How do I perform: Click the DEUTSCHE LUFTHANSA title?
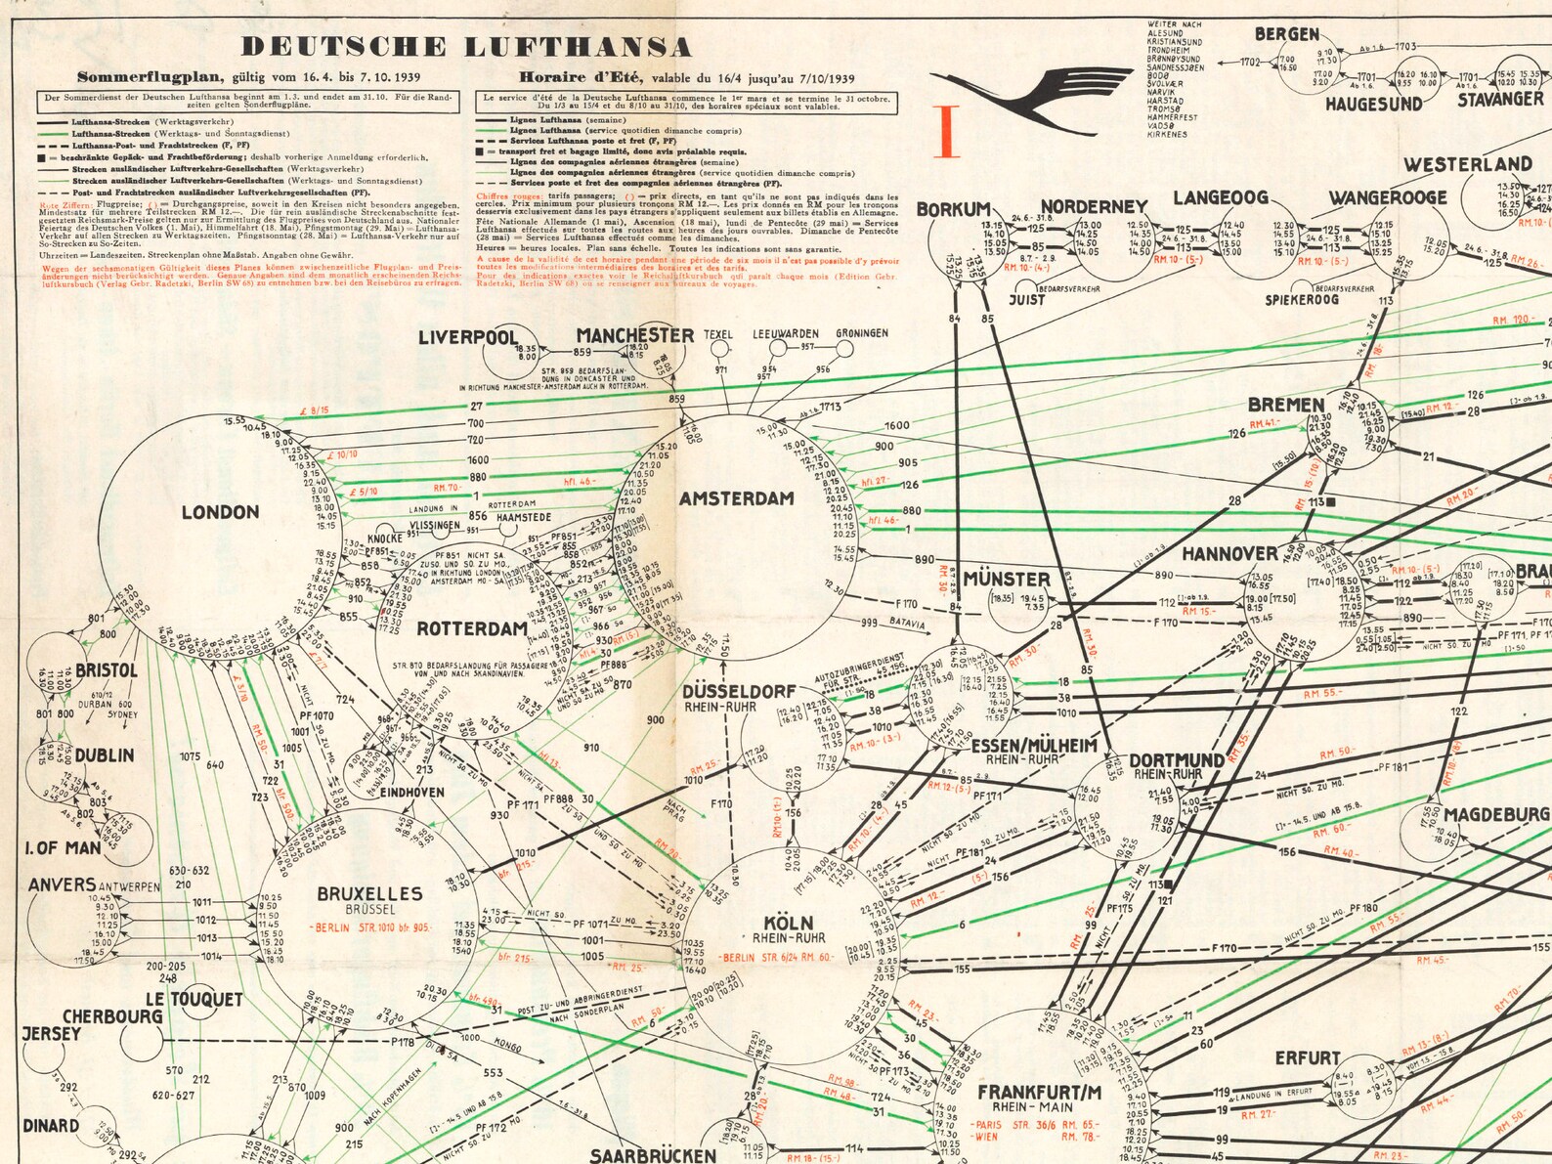tap(466, 47)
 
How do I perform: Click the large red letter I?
tap(946, 132)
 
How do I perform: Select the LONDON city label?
tap(220, 512)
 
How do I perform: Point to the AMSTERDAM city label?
tap(737, 498)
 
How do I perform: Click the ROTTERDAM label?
tap(472, 628)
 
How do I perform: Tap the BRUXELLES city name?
tap(369, 893)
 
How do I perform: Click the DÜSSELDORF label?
tap(739, 691)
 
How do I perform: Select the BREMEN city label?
tap(1286, 405)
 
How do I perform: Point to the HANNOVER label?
tap(1229, 554)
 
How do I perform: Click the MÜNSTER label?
tap(1007, 579)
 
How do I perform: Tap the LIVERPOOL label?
tap(468, 337)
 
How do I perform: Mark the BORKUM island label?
tap(954, 209)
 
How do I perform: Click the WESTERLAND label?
tap(1468, 164)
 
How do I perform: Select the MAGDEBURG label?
tap(1496, 814)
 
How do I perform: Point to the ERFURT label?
tap(1307, 1057)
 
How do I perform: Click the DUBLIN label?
tap(105, 755)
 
